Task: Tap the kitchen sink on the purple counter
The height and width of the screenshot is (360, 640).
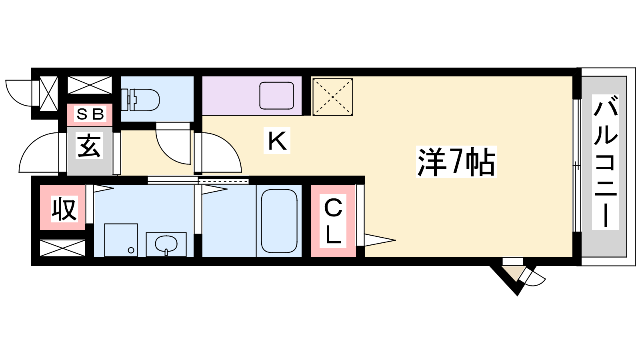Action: [x=276, y=96]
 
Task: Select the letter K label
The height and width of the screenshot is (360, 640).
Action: [x=277, y=140]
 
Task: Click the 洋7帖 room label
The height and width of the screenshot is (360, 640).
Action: [x=456, y=162]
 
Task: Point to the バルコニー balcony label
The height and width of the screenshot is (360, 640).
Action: [x=606, y=162]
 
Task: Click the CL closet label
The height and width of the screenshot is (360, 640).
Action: [x=333, y=221]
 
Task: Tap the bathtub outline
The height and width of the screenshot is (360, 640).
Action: [x=279, y=221]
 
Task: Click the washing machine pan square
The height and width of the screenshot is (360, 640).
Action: [x=121, y=240]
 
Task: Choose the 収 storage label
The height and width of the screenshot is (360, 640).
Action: [x=63, y=209]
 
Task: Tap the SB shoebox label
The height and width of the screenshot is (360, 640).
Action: [x=90, y=114]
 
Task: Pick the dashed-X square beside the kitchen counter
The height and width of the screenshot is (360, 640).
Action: [x=332, y=97]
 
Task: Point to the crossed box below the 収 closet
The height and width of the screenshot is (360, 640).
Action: [x=62, y=248]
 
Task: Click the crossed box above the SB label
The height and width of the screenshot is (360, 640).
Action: [x=90, y=85]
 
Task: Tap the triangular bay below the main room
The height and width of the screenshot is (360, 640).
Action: [x=514, y=276]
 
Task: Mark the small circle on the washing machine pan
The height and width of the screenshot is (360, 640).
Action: [x=131, y=250]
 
